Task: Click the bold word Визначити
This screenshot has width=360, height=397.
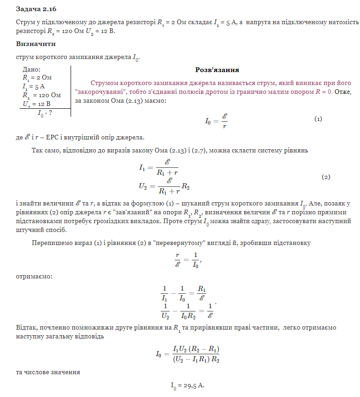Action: click(36, 44)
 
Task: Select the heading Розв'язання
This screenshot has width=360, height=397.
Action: click(217, 70)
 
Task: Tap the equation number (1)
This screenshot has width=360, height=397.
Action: click(318, 119)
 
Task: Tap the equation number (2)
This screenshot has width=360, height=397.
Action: click(326, 177)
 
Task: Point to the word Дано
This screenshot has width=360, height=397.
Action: click(32, 69)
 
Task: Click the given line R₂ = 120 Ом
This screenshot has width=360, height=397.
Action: click(41, 95)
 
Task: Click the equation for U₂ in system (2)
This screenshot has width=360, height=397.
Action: click(164, 185)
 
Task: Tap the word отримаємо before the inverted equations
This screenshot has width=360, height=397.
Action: click(34, 277)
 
